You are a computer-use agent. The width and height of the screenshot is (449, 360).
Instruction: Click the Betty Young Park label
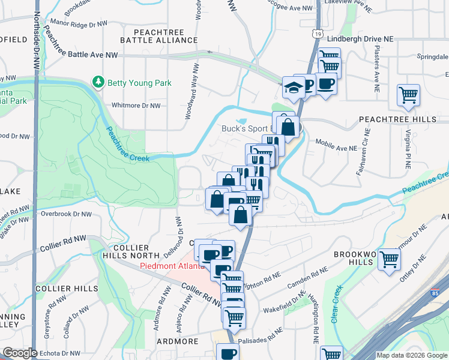139,83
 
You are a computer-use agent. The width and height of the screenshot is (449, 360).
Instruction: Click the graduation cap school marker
293,88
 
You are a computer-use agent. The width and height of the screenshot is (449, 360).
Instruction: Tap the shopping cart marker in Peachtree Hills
408,95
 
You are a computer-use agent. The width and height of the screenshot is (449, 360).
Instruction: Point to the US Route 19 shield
316,34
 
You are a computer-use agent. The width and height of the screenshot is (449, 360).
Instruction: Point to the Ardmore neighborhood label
178,341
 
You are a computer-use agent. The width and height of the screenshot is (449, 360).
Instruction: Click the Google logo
19,353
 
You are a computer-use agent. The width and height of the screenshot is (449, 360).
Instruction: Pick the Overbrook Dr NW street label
66,214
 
